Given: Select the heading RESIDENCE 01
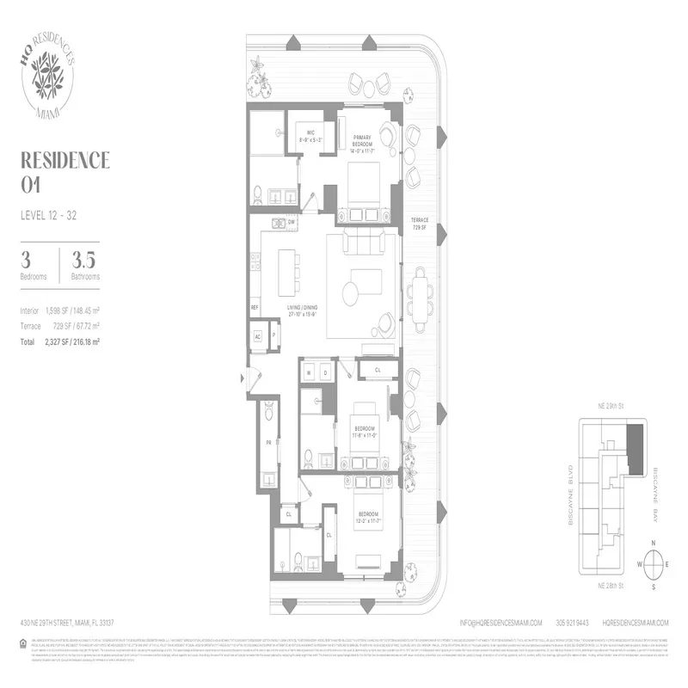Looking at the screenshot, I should click(64, 171).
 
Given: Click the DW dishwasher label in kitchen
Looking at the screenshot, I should click(292, 222).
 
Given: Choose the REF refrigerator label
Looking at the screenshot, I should click(255, 307).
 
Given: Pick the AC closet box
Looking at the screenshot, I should click(258, 336).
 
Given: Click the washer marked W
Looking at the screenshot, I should click(310, 372).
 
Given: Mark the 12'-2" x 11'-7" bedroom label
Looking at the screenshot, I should click(365, 519).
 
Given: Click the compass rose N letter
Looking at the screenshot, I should click(654, 543).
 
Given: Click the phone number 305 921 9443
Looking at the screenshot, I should click(571, 623).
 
